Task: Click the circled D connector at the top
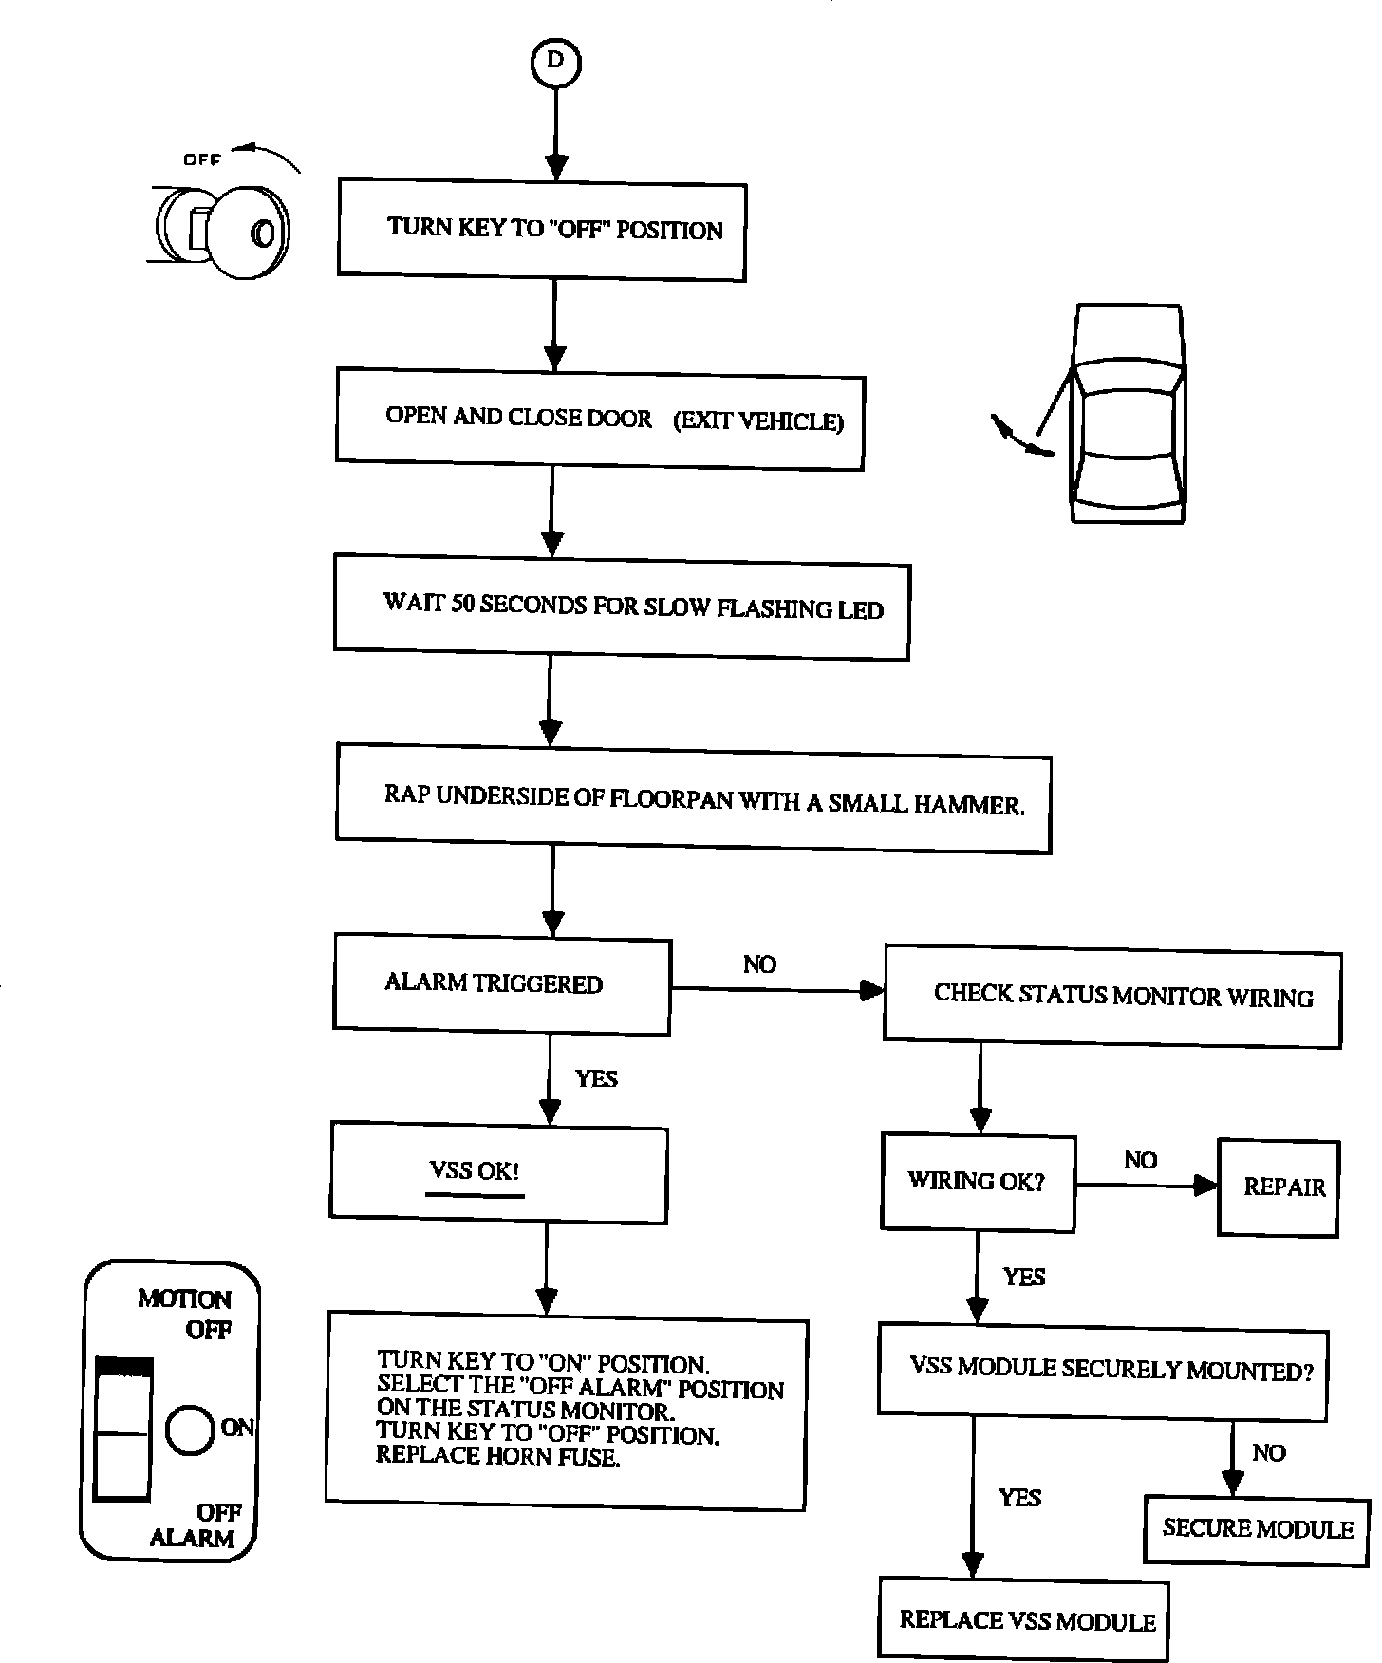coord(556,61)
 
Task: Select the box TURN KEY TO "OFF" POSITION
coord(542,230)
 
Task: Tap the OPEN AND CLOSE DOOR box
coord(600,419)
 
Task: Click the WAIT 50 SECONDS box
coord(622,607)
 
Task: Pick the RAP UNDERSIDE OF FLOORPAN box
coord(694,800)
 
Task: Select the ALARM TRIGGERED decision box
coord(502,983)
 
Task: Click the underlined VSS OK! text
coord(475,1170)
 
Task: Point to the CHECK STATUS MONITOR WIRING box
coord(1112,995)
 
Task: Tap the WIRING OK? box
coord(978,1182)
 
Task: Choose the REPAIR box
coord(1279,1187)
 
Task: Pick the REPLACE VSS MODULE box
coord(1024,1619)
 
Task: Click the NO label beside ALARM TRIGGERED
coord(759,964)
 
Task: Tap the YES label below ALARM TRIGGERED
coord(596,1078)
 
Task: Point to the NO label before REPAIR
coord(1140,1160)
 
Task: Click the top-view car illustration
coord(1127,414)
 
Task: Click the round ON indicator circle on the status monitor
coord(190,1429)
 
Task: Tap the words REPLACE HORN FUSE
coord(498,1456)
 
